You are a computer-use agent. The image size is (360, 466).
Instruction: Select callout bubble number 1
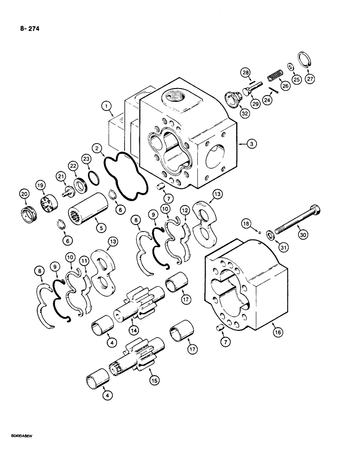pyautogui.click(x=109, y=108)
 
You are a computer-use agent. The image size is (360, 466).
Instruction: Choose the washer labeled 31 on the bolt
pyautogui.click(x=271, y=233)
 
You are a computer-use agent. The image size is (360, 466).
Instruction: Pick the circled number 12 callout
pyautogui.click(x=184, y=211)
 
